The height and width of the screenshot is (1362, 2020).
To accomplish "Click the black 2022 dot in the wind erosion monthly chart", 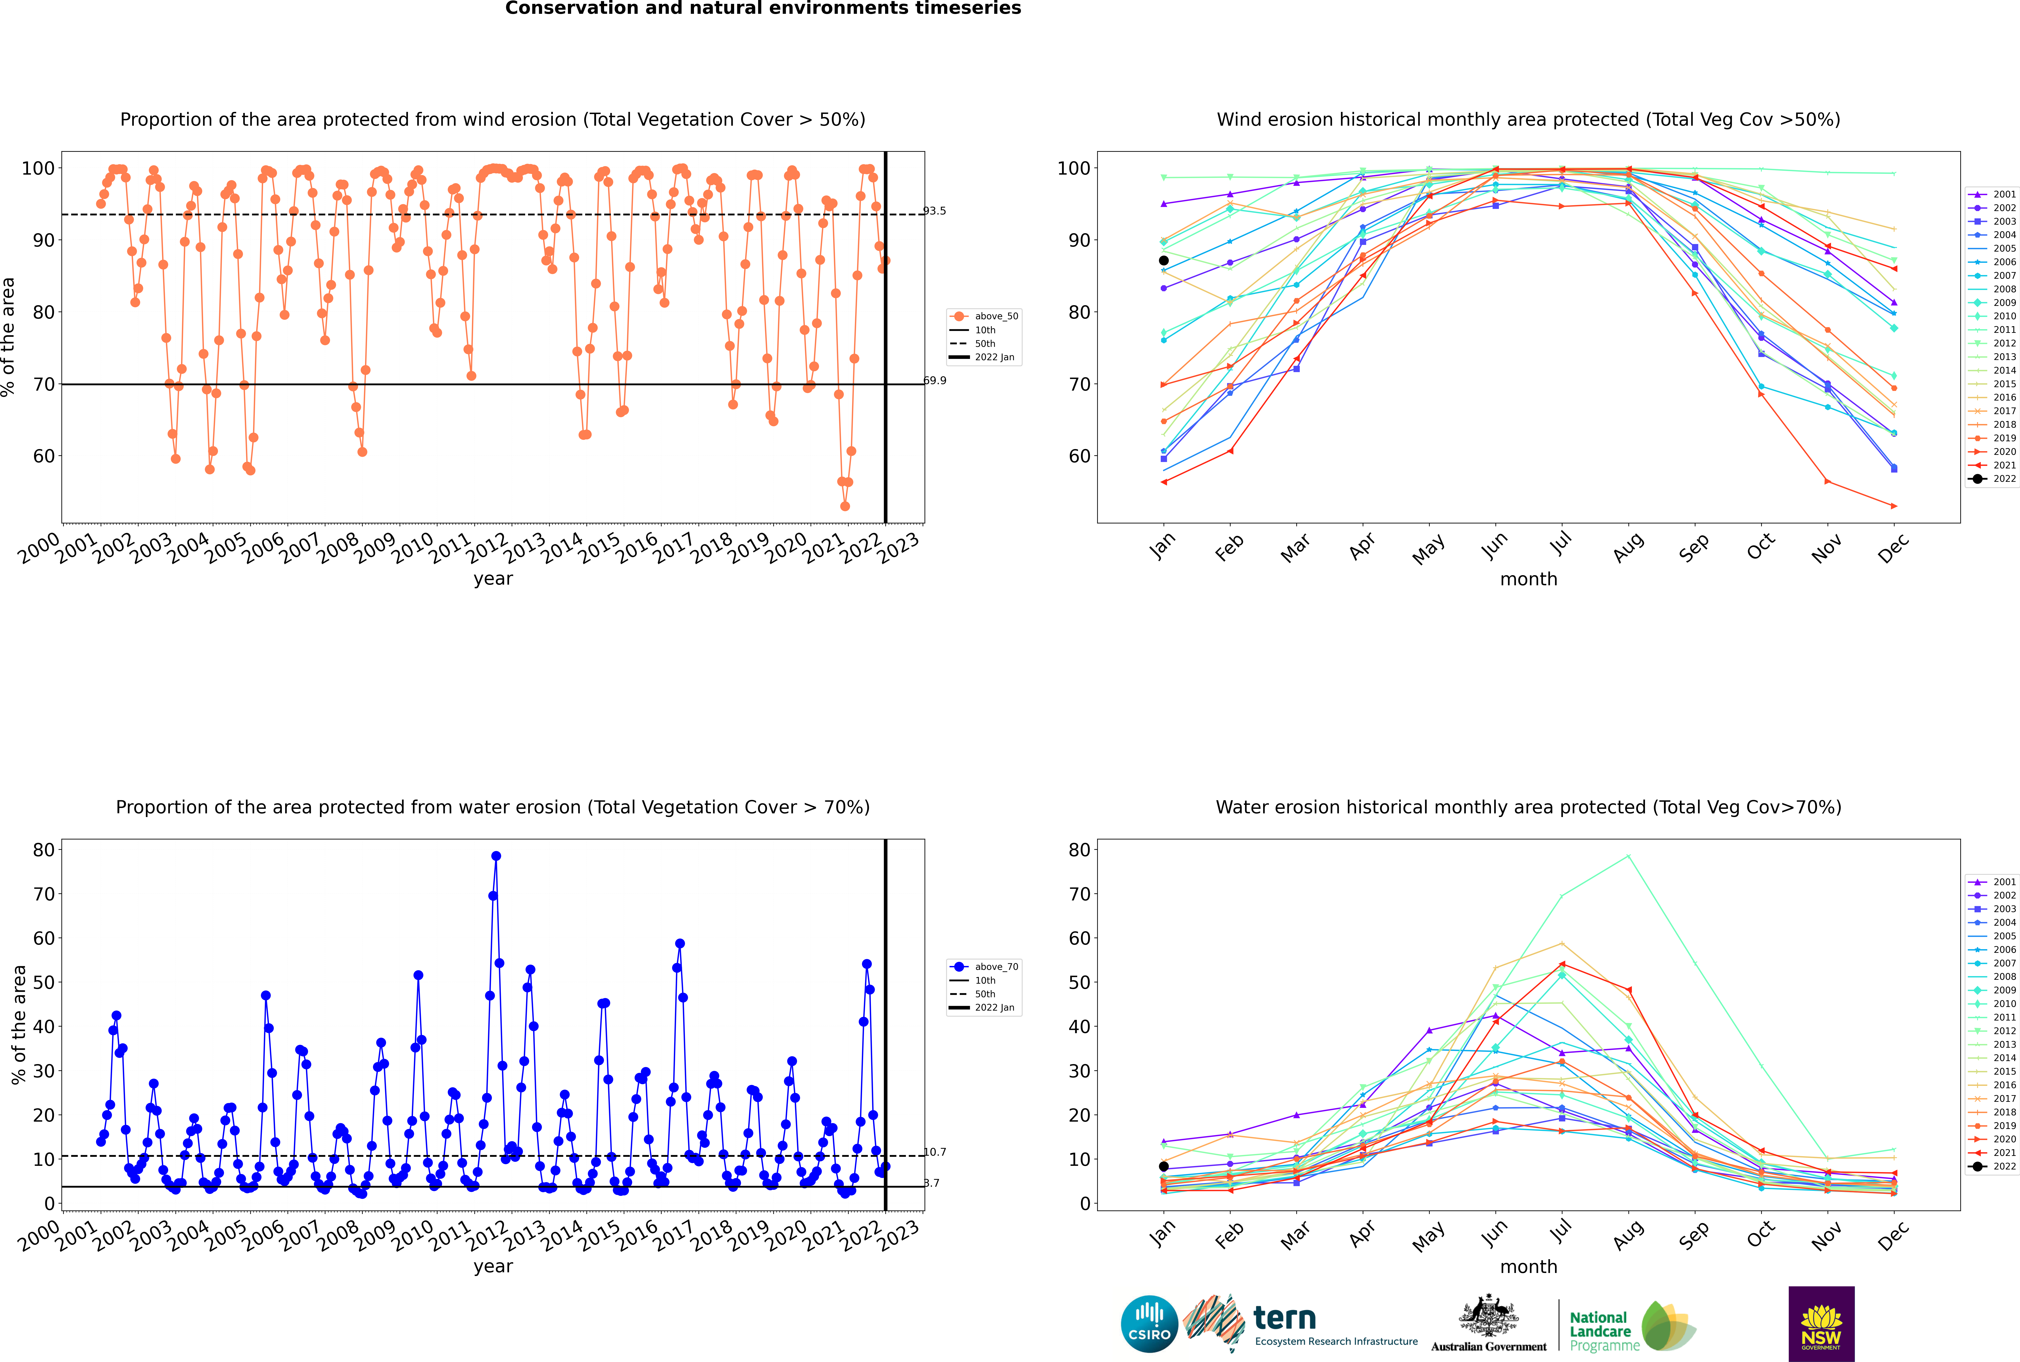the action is [x=1164, y=261].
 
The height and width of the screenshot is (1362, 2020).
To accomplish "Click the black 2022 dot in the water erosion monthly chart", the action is [x=1164, y=1166].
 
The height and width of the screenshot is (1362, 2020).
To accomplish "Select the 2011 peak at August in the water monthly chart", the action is [x=1628, y=856].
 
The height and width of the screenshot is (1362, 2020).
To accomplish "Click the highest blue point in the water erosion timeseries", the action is [x=496, y=856].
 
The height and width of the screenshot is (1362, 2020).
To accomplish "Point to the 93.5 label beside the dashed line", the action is [x=934, y=211].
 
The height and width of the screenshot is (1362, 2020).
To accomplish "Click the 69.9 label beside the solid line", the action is [x=934, y=380].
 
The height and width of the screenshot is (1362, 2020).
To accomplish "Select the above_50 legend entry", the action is [x=984, y=316].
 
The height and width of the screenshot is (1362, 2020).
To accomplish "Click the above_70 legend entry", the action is [x=984, y=967].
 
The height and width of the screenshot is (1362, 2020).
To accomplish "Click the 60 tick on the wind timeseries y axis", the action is [x=43, y=456].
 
